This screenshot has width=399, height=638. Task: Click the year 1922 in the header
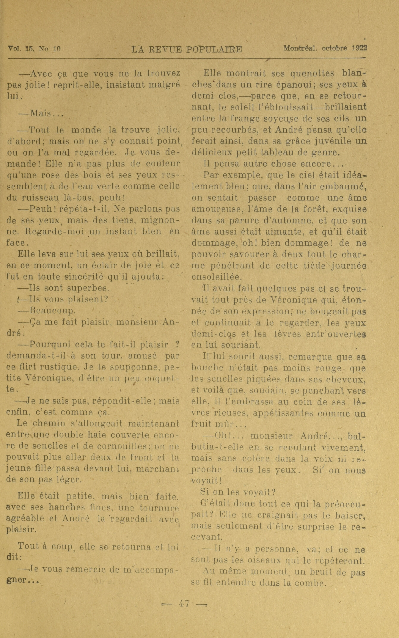pyautogui.click(x=359, y=48)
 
